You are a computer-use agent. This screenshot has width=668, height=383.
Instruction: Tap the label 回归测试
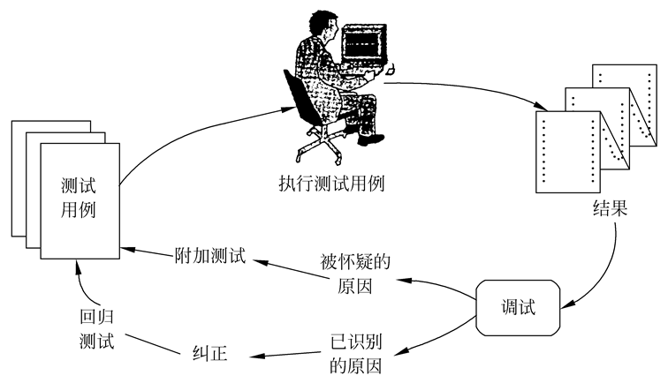(95, 331)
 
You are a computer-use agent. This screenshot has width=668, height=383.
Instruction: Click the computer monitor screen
(363, 41)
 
